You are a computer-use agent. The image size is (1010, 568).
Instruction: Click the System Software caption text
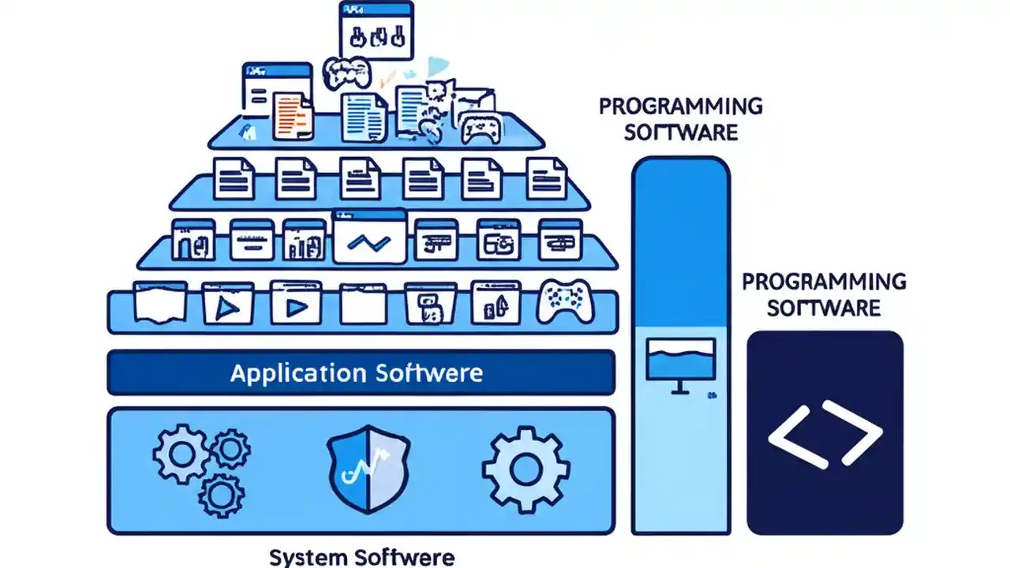361,557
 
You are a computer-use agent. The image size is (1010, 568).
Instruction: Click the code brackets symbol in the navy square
825,433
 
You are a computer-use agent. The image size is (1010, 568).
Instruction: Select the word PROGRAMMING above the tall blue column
680,106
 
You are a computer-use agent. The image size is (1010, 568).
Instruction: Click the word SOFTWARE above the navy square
824,308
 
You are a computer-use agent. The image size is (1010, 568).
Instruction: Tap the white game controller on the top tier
481,126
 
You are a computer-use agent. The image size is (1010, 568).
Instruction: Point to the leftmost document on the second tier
234,178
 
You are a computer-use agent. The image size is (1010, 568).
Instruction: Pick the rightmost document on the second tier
546,178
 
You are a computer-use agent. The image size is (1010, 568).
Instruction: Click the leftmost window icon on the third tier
193,240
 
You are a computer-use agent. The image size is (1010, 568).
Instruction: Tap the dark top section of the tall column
680,237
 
